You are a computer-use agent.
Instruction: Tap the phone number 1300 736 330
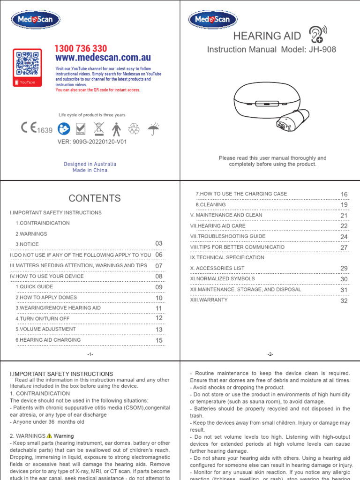pyautogui.click(x=81, y=49)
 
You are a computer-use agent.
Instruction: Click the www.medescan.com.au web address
pyautogui.click(x=103, y=58)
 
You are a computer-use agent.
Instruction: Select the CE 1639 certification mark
pyautogui.click(x=37, y=129)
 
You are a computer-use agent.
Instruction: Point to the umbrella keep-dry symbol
pyautogui.click(x=153, y=128)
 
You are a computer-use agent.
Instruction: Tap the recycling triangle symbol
pyautogui.click(x=135, y=129)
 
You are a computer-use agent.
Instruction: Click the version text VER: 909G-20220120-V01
pyautogui.click(x=92, y=141)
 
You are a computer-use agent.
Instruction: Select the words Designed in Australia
pyautogui.click(x=90, y=164)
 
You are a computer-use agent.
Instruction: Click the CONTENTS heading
pyautogui.click(x=94, y=198)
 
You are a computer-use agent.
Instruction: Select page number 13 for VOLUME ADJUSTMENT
pyautogui.click(x=159, y=330)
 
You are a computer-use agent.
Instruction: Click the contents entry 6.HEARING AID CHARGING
pyautogui.click(x=48, y=340)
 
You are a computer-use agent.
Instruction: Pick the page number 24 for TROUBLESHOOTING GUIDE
pyautogui.click(x=344, y=237)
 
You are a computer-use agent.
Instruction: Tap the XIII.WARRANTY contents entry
pyautogui.click(x=209, y=300)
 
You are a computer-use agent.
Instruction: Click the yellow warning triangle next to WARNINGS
pyautogui.click(x=49, y=436)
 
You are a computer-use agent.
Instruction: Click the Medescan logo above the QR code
pyautogui.click(x=36, y=20)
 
